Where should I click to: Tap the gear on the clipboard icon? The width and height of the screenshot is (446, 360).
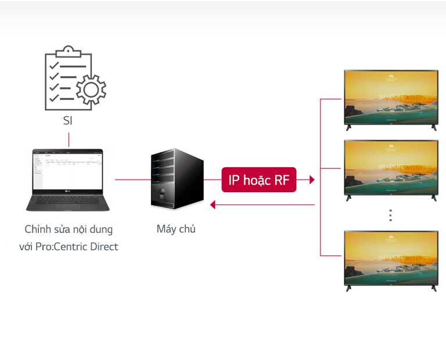point(91,90)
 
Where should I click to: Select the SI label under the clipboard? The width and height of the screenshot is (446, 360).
point(68,121)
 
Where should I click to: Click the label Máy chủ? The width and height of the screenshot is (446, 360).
point(176,229)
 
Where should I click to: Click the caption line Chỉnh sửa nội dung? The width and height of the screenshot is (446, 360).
point(69,229)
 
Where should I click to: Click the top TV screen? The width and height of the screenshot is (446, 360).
point(390,96)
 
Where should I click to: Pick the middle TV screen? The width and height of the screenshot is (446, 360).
point(390,168)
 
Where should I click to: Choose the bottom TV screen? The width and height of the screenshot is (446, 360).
point(390,258)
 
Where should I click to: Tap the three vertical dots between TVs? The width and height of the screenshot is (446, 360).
point(391,215)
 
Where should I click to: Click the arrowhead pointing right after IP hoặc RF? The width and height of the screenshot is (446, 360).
point(312,180)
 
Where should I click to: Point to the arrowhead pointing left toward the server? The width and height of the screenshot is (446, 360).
point(213,204)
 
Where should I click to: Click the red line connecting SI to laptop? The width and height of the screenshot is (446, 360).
point(69,139)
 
